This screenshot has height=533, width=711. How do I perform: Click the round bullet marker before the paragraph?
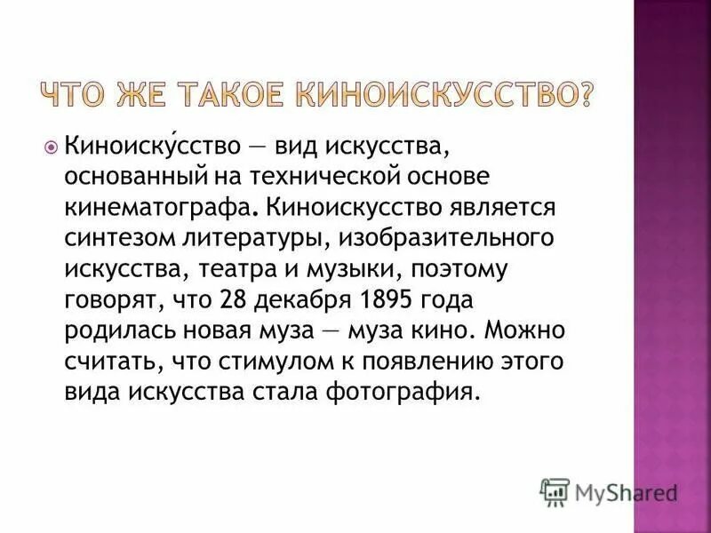click(x=51, y=144)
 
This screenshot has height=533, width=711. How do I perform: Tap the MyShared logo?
click(x=609, y=492)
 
